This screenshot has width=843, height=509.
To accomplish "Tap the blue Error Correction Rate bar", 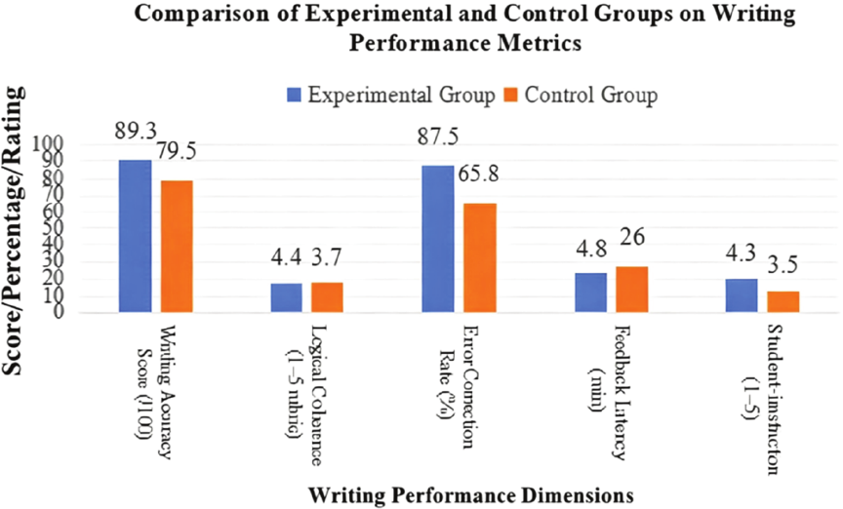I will point(437,239).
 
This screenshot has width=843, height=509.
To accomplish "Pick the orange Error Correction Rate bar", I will point(479,257).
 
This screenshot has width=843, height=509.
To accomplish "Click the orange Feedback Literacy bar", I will point(631,289).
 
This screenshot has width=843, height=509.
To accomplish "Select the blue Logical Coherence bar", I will point(286,297).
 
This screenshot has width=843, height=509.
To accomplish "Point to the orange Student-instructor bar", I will point(783,301).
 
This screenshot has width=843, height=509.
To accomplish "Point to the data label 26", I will point(633,238).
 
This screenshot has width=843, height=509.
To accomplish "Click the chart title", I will point(463,30).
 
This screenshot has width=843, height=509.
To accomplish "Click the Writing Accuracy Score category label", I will point(156,390).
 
